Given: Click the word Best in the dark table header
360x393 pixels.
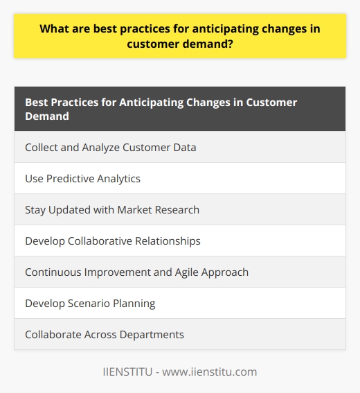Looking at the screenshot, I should [37, 102].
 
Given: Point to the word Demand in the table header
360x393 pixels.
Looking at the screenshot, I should [48, 116].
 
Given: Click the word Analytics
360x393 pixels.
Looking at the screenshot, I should [118, 178].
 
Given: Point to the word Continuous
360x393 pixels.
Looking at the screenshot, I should [54, 272].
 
